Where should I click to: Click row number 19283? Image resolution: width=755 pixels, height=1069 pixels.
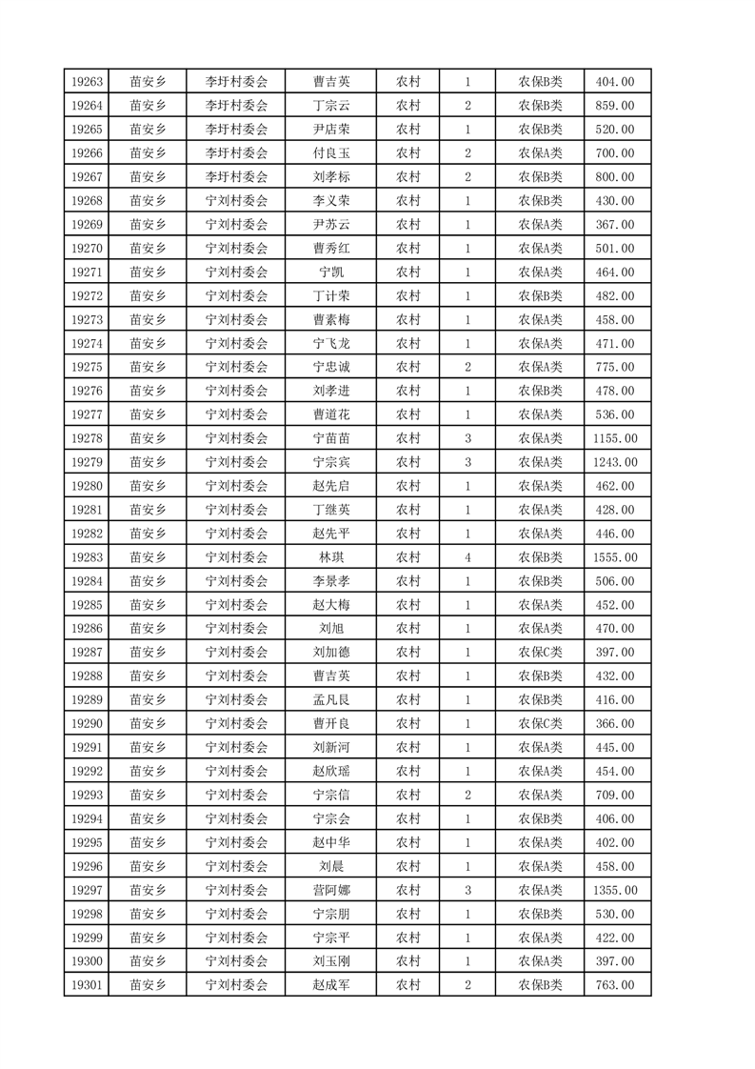[87, 557]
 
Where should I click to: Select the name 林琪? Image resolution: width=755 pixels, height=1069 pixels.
[330, 557]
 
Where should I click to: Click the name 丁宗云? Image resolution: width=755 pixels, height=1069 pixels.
[330, 106]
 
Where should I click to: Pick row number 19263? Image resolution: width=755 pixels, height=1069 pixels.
[87, 82]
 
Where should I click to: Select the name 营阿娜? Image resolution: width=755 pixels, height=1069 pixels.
[330, 890]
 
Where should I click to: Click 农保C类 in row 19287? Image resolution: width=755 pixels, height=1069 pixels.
[540, 653]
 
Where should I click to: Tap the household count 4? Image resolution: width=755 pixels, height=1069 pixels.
[467, 557]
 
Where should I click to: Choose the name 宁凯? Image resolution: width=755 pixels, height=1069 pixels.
[330, 272]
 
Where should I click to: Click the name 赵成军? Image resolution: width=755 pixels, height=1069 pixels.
[330, 985]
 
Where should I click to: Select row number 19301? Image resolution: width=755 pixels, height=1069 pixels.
[87, 985]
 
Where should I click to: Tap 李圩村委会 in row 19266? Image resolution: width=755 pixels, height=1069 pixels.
[237, 153]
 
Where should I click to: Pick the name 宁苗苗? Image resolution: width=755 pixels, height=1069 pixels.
[330, 438]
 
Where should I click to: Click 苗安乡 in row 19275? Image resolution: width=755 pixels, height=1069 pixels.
[149, 367]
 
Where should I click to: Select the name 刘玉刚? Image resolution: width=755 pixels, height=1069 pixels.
[330, 961]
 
